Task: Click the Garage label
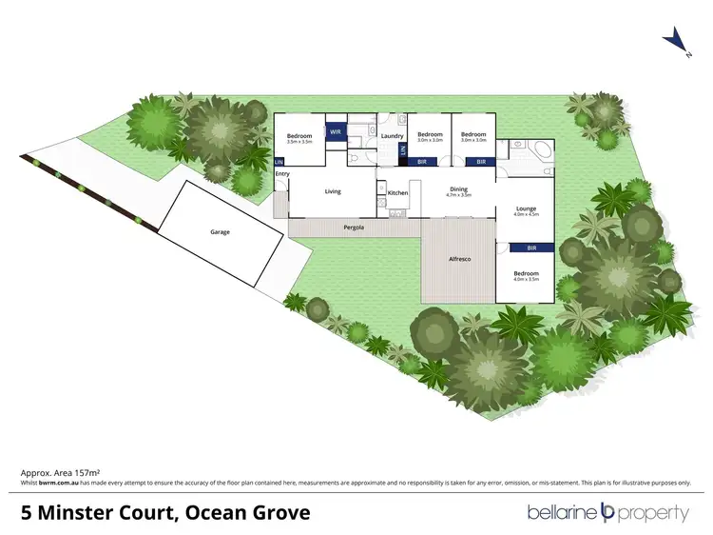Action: [220, 231]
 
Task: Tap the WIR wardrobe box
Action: [335, 133]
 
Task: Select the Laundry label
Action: [392, 136]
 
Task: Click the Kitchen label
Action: [397, 193]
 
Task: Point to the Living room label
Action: [333, 191]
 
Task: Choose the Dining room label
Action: [458, 188]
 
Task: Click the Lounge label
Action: [526, 208]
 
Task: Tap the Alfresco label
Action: [460, 259]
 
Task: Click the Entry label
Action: [282, 174]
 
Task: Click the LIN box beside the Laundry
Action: [403, 149]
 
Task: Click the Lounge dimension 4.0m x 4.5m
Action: [526, 215]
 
